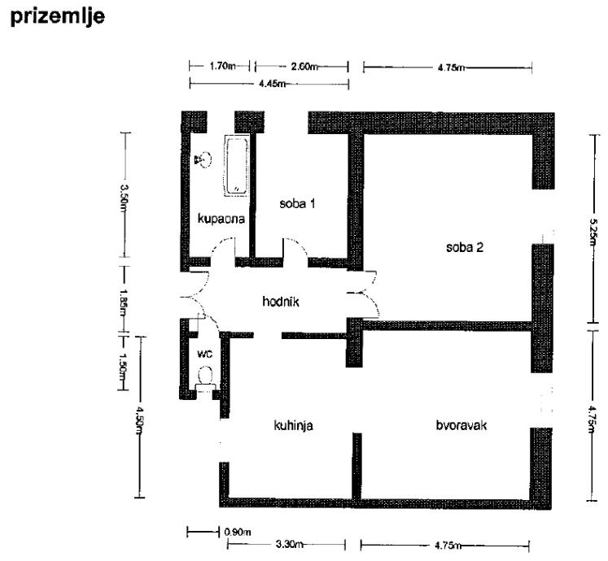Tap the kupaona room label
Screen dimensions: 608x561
pyautogui.click(x=216, y=218)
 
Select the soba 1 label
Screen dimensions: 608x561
pyautogui.click(x=296, y=203)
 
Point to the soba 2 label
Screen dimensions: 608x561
pyautogui.click(x=465, y=246)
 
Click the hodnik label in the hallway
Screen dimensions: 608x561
pyautogui.click(x=282, y=301)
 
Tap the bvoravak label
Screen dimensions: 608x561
pyautogui.click(x=461, y=424)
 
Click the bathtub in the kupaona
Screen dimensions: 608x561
pyautogui.click(x=235, y=166)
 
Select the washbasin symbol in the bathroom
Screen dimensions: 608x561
pyautogui.click(x=202, y=159)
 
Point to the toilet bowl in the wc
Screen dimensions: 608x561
pyautogui.click(x=206, y=376)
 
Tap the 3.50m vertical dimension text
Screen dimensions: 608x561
pyautogui.click(x=124, y=198)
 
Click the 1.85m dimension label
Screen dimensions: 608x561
pyautogui.click(x=124, y=299)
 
